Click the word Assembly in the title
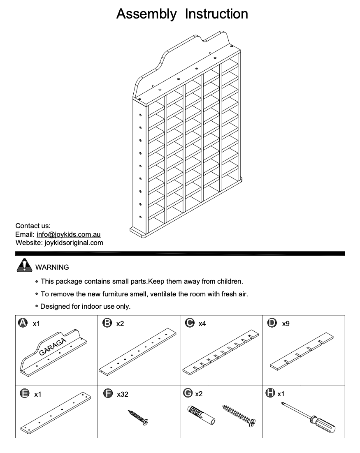pyautogui.click(x=146, y=14)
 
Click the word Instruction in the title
pyautogui.click(x=216, y=14)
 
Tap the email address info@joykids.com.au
pyautogui.click(x=68, y=235)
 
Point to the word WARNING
pyautogui.click(x=52, y=267)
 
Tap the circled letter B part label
pyautogui.click(x=107, y=323)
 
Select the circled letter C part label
pyautogui.click(x=190, y=323)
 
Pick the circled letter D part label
pyautogui.click(x=272, y=323)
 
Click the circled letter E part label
pyautogui.click(x=24, y=394)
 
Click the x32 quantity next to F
pyautogui.click(x=123, y=394)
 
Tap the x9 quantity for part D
pyautogui.click(x=286, y=324)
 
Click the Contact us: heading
pyautogui.click(x=33, y=226)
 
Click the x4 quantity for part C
pyautogui.click(x=202, y=324)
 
